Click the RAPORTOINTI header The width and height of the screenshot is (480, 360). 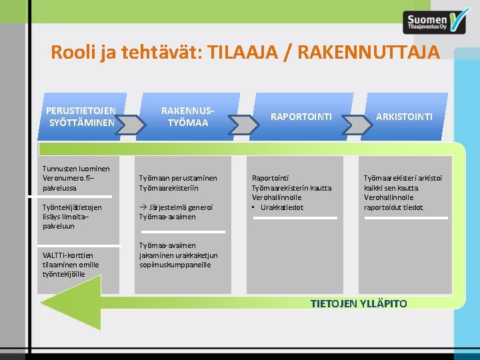pyautogui.click(x=301, y=117)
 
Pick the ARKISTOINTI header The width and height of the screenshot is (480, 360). pyautogui.click(x=404, y=117)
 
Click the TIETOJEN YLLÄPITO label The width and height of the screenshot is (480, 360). pyautogui.click(x=359, y=304)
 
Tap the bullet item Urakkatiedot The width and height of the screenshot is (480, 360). pyautogui.click(x=281, y=207)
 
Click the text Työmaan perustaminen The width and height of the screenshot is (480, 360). pyautogui.click(x=178, y=179)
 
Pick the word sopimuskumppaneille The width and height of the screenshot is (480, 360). pyautogui.click(x=175, y=265)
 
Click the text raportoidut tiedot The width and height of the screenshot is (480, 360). pyautogui.click(x=393, y=207)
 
